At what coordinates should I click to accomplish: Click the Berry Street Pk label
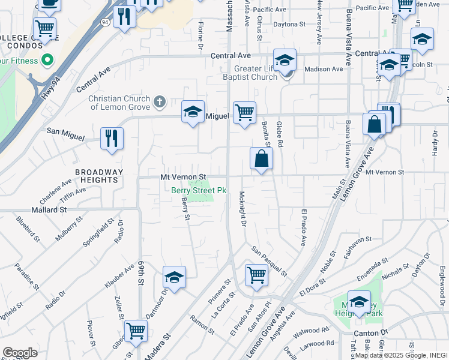click(x=199, y=190)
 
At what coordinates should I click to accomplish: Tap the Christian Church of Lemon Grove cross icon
click(x=160, y=101)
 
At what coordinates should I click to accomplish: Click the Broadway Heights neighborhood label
click(x=99, y=176)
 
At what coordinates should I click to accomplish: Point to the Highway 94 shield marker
click(x=105, y=22)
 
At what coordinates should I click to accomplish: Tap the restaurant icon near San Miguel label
click(x=112, y=138)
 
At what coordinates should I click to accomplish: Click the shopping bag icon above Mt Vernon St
click(x=262, y=159)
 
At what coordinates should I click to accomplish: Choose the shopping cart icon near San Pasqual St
click(x=256, y=275)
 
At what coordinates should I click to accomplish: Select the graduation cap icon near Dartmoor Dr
click(x=174, y=277)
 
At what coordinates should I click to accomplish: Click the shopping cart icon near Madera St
click(x=136, y=331)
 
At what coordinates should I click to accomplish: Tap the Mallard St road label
click(x=50, y=210)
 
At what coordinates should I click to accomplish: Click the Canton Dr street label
click(x=367, y=332)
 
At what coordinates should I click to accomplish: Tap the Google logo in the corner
click(x=20, y=353)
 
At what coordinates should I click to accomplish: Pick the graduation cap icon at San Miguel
click(x=193, y=112)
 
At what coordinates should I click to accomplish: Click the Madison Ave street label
click(x=324, y=69)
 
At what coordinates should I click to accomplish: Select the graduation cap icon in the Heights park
click(x=359, y=302)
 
